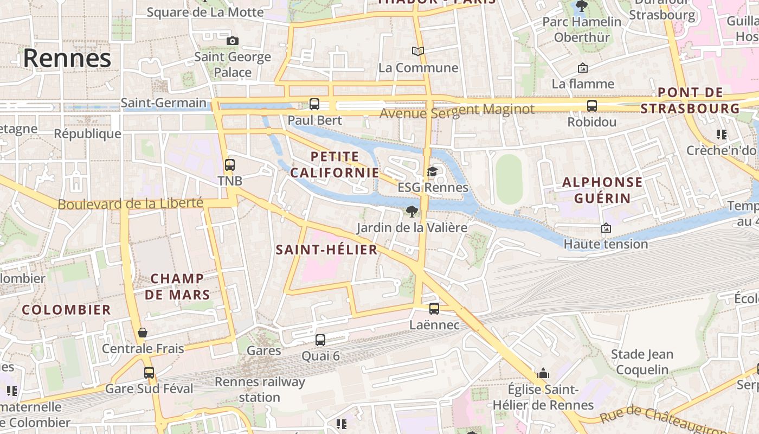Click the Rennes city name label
click(x=67, y=58)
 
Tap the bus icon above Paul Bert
click(x=314, y=104)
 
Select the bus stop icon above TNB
click(x=230, y=164)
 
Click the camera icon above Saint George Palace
click(x=233, y=41)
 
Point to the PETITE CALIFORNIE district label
click(x=335, y=165)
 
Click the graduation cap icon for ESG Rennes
click(x=432, y=172)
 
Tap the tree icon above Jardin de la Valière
click(x=412, y=212)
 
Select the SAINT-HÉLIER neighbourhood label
click(x=326, y=250)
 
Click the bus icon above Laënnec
click(x=434, y=309)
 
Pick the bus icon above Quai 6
click(x=320, y=340)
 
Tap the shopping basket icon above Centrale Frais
click(x=143, y=333)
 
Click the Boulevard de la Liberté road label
click(x=130, y=204)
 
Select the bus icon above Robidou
click(x=592, y=106)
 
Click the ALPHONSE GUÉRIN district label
click(x=602, y=190)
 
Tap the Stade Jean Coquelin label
click(x=642, y=362)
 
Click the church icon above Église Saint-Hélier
click(x=543, y=373)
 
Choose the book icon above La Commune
click(x=418, y=52)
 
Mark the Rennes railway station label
click(x=260, y=389)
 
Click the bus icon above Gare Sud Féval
click(x=149, y=373)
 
